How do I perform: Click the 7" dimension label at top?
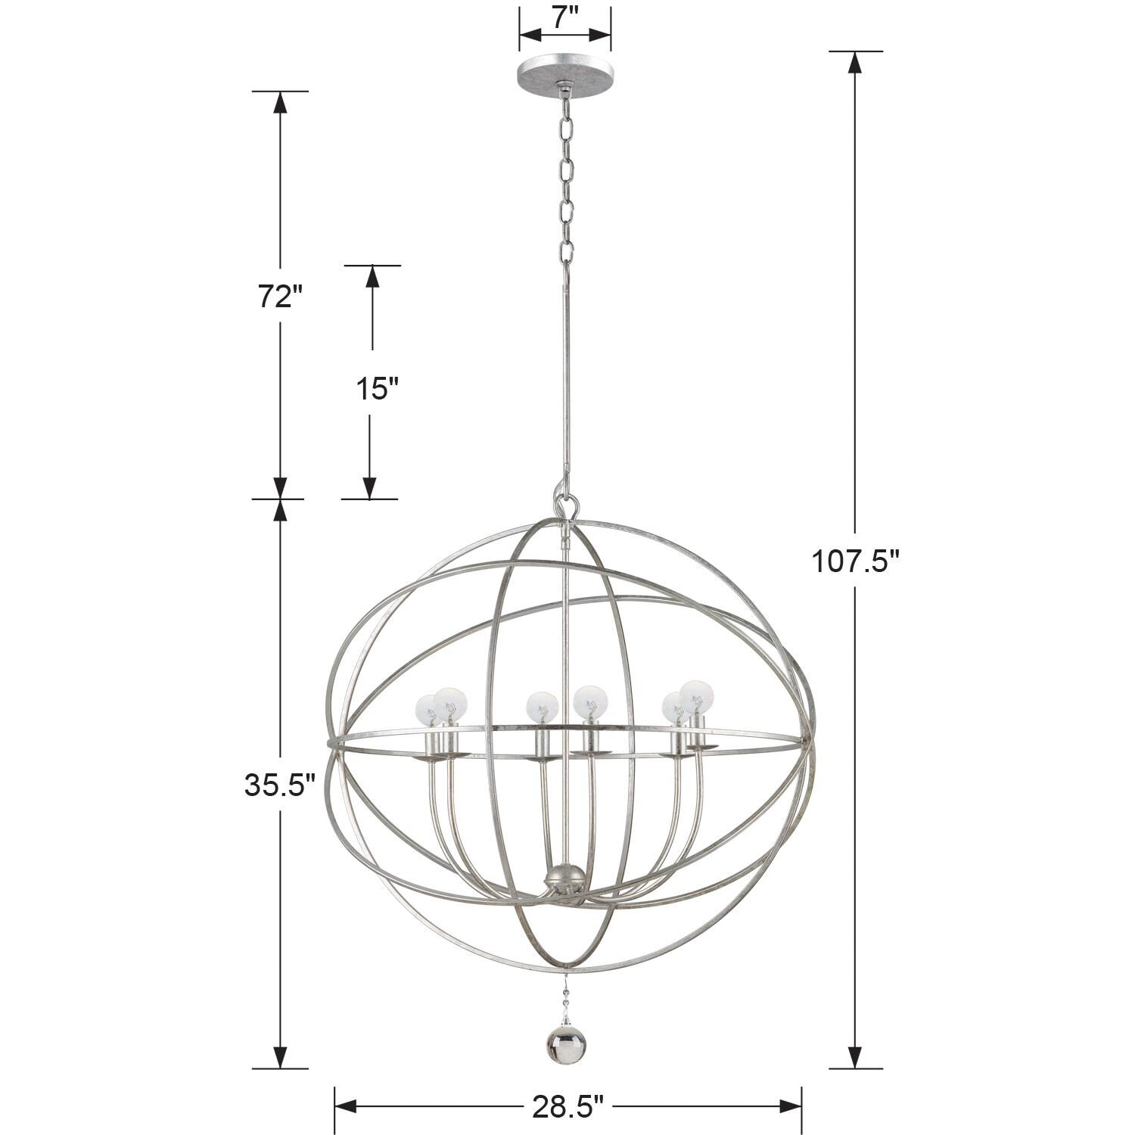(x=564, y=17)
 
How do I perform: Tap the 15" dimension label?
(x=376, y=389)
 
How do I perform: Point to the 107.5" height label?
(x=855, y=561)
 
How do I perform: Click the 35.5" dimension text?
(x=279, y=785)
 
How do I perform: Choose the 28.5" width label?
(x=567, y=1107)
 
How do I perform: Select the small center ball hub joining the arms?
(x=564, y=880)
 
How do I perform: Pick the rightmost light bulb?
(x=696, y=695)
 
